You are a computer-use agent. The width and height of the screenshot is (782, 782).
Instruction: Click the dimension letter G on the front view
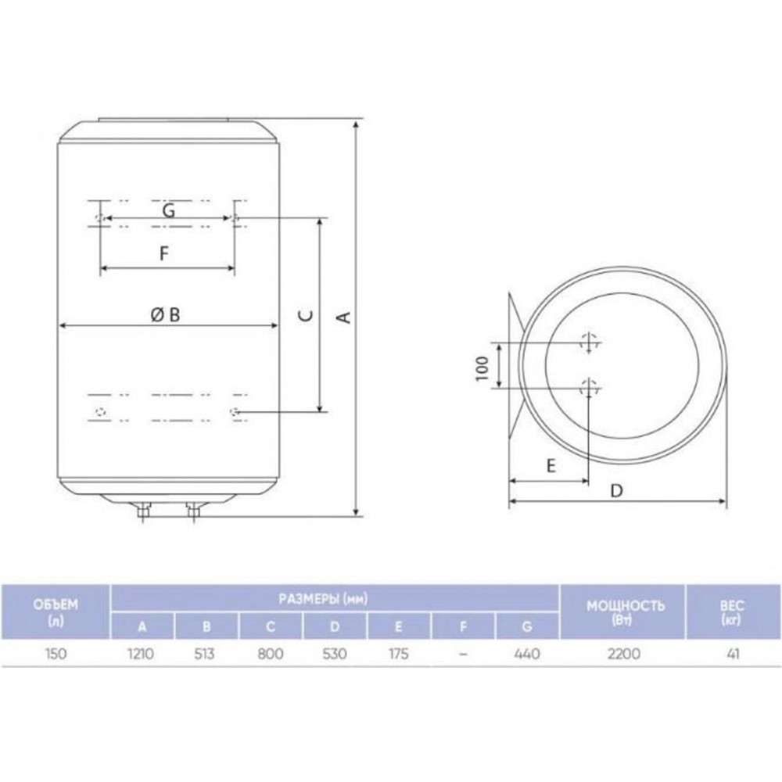tap(169, 210)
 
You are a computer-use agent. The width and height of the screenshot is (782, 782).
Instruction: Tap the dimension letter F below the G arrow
tap(164, 253)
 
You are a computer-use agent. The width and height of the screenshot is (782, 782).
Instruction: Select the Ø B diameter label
tap(166, 314)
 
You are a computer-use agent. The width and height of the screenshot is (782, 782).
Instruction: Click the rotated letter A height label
tap(345, 317)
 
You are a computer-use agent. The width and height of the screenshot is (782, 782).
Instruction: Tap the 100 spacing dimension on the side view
tap(482, 368)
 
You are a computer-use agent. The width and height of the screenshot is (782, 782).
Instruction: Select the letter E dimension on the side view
tap(551, 466)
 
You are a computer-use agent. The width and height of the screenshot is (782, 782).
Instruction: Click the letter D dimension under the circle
tap(617, 491)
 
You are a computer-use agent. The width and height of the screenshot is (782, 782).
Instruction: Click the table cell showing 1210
tap(141, 653)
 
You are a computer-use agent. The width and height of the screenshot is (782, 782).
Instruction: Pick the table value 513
tap(204, 653)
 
